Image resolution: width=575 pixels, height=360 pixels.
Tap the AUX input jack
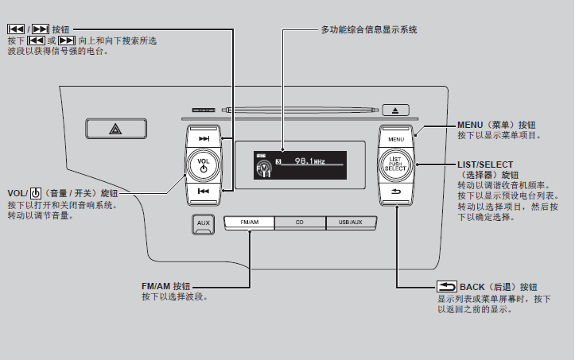pos(204,223)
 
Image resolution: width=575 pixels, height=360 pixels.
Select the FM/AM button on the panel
pos(249,223)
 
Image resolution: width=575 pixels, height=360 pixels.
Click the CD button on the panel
pos(299,223)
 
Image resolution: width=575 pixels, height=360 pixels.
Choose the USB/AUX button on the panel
pos(350,223)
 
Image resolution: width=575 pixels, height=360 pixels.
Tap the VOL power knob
pos(204,165)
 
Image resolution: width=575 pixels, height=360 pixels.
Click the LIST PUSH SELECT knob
pos(395,165)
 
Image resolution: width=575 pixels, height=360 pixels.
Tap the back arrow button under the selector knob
pos(395,194)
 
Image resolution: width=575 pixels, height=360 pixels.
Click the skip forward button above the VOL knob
pos(204,138)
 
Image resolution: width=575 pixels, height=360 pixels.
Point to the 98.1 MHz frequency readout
pos(309,161)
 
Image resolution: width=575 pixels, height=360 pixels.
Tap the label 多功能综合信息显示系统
pos(369,29)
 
